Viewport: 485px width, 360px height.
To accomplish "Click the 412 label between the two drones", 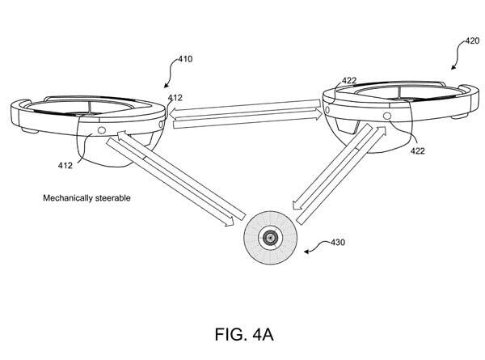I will (x=175, y=97).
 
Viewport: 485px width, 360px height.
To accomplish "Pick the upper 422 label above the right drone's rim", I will (x=350, y=80).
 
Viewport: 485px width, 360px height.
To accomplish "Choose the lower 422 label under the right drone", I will (x=419, y=150).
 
